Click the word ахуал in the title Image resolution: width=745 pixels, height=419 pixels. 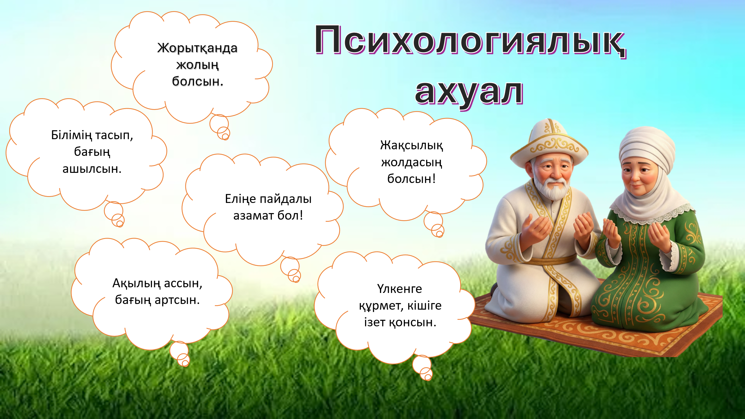click(x=469, y=93)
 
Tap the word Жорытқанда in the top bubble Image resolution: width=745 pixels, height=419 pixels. click(x=197, y=48)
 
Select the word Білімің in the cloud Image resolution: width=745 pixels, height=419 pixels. click(x=72, y=136)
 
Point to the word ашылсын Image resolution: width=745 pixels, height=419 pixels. click(x=92, y=169)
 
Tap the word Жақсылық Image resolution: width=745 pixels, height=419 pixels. click(x=412, y=146)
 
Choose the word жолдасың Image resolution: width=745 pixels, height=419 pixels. click(x=412, y=163)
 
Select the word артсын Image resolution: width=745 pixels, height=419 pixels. click(x=177, y=300)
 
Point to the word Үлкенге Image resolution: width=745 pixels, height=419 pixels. click(x=400, y=289)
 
